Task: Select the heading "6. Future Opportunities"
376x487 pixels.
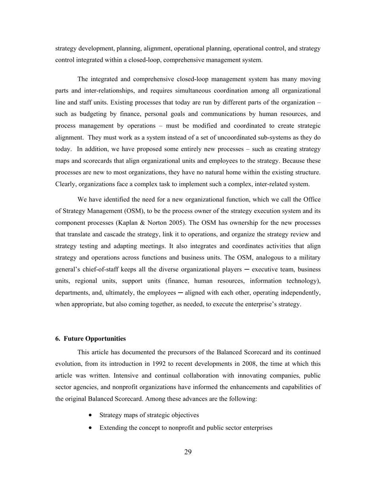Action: pyautogui.click(x=91, y=339)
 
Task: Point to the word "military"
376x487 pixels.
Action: pyautogui.click(x=309, y=257)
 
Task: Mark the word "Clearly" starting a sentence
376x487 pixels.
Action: pyautogui.click(x=65, y=184)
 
